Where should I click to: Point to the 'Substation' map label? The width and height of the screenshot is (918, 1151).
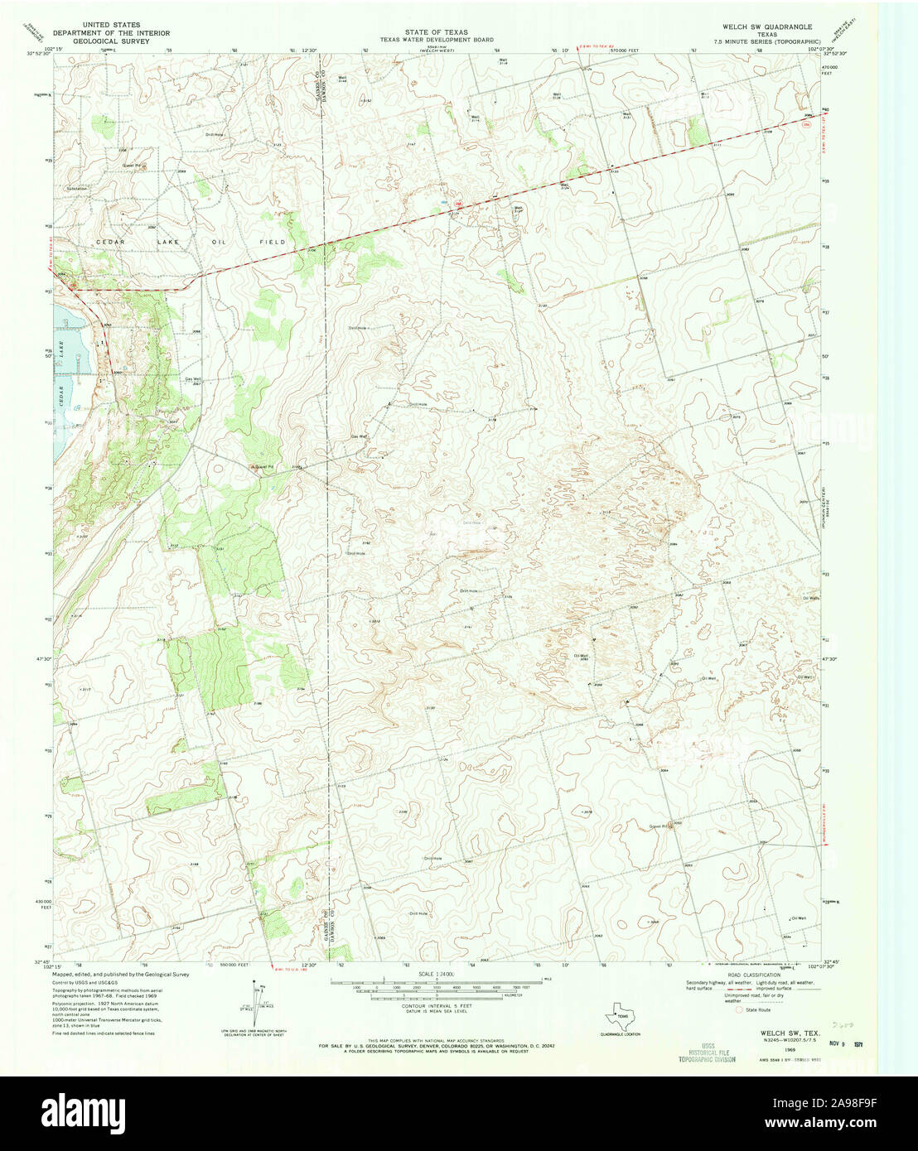(77, 189)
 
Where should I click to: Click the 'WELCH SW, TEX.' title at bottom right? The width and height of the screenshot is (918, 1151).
(784, 1033)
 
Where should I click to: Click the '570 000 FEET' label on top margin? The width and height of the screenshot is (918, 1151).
(624, 50)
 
